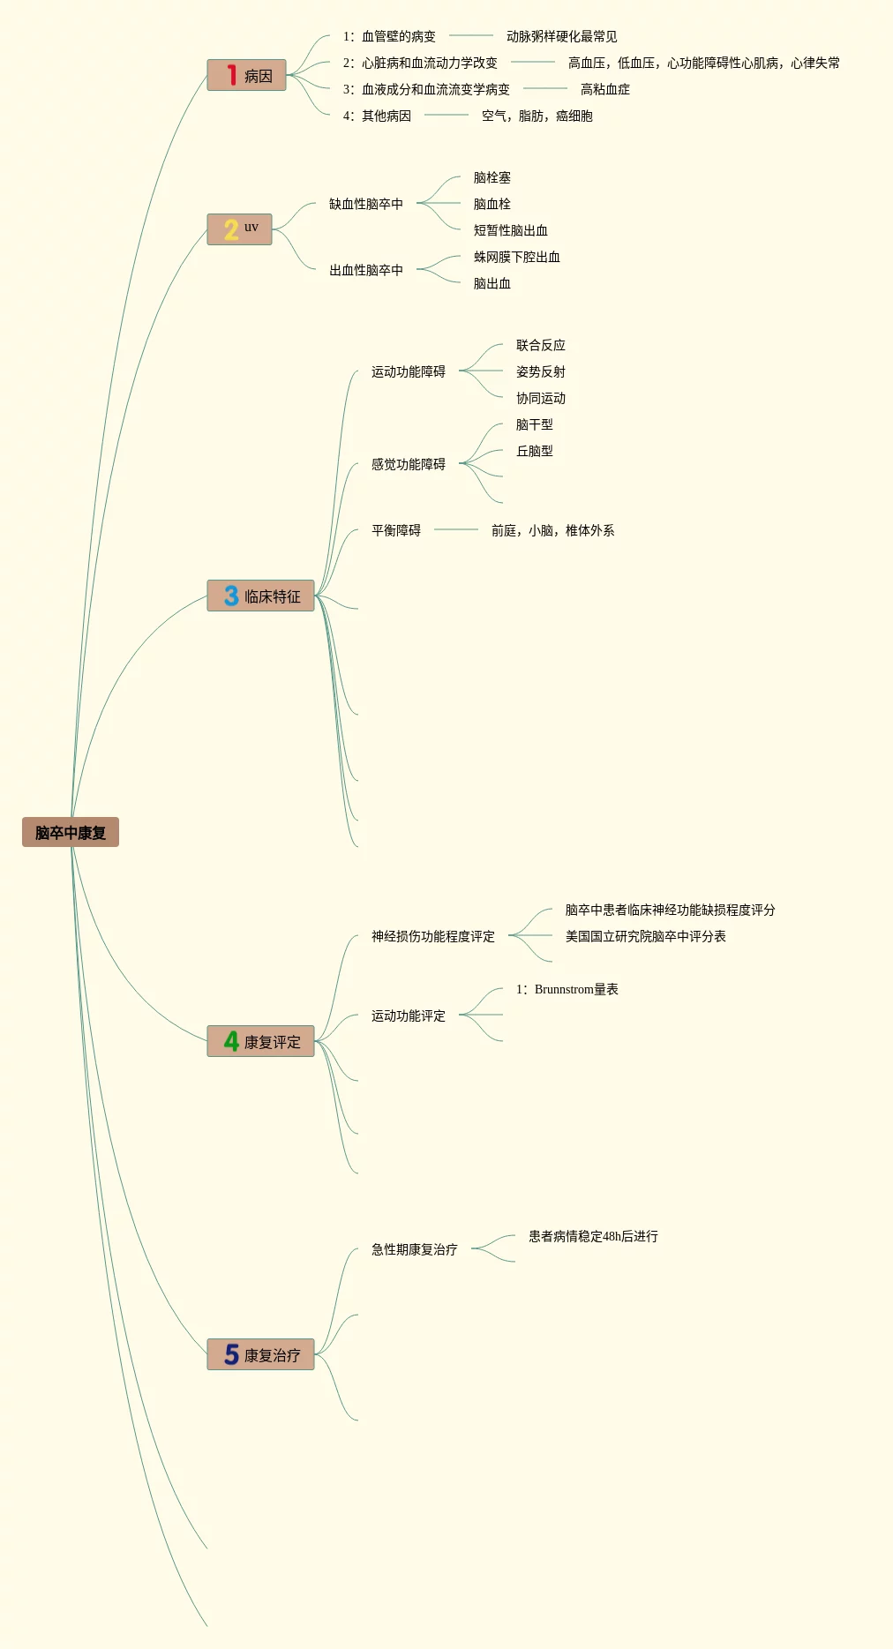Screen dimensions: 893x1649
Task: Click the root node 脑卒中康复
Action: pos(71,832)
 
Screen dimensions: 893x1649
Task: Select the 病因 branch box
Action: pos(247,76)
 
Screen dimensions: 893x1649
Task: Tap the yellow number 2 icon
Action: pos(231,229)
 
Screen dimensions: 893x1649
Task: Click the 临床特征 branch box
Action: pos(261,596)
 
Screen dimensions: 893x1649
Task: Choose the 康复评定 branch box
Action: pos(261,1042)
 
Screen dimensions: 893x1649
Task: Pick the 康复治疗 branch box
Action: pos(261,1355)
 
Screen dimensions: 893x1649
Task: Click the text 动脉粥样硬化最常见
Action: pos(561,36)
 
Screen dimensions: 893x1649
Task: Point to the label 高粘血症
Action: pos(604,89)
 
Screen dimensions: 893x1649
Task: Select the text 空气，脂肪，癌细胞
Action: pos(537,116)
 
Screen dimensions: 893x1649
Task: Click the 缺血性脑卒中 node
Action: pos(365,204)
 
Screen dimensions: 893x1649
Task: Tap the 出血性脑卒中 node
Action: pos(365,270)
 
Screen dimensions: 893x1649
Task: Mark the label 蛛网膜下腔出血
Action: pos(516,257)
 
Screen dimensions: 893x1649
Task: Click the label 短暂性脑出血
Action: pos(510,230)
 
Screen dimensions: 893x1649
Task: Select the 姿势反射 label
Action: pos(540,371)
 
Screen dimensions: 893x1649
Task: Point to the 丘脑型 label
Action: pos(534,451)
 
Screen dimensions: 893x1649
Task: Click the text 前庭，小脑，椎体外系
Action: pos(552,530)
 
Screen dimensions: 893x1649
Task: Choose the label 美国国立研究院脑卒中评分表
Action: pos(645,936)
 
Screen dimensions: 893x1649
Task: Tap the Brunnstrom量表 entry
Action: pos(567,989)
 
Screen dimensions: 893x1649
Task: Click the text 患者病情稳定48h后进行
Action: pos(593,1236)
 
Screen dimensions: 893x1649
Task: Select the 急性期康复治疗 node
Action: pos(414,1249)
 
